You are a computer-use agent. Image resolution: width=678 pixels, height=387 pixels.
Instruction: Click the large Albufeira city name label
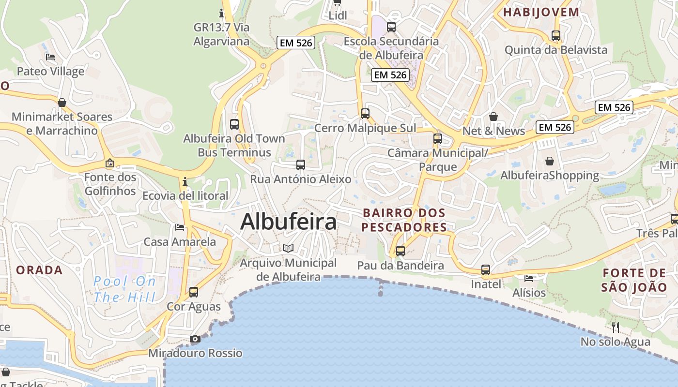[288, 222]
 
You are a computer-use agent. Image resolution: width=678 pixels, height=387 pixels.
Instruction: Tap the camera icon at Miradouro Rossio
[195, 339]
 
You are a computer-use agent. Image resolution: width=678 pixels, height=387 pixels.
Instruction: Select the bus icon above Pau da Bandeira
[401, 251]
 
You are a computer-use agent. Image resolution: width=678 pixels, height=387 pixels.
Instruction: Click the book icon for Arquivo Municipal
[288, 248]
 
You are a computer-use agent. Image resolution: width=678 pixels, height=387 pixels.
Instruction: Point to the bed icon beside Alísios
[529, 278]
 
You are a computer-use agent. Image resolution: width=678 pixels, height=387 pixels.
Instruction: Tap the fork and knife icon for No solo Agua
[616, 327]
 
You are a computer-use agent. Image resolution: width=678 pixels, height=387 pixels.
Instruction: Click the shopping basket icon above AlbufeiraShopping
[550, 161]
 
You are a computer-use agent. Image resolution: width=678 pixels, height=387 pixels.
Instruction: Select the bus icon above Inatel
[486, 270]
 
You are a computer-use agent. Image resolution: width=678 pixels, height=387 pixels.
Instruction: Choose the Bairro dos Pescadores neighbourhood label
[404, 220]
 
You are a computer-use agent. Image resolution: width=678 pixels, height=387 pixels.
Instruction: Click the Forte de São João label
[634, 280]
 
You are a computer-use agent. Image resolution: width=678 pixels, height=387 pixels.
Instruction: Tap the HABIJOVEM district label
[541, 13]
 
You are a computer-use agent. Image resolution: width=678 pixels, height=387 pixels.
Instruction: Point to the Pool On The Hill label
[124, 289]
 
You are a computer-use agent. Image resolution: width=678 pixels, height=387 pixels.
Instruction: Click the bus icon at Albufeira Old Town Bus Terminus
[234, 124]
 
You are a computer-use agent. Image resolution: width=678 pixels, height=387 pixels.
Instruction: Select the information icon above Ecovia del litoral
[185, 182]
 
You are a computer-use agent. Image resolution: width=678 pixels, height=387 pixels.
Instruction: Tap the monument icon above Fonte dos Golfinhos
[110, 163]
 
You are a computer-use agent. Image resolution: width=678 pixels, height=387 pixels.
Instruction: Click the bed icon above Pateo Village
[50, 57]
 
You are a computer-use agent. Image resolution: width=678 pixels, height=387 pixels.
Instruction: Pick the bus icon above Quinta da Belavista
[556, 35]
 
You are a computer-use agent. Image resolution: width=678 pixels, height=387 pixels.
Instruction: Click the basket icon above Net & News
[493, 117]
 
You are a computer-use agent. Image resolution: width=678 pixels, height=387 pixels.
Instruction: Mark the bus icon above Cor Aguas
[194, 292]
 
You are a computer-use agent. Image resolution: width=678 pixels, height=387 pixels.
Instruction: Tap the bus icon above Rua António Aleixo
[301, 164]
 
